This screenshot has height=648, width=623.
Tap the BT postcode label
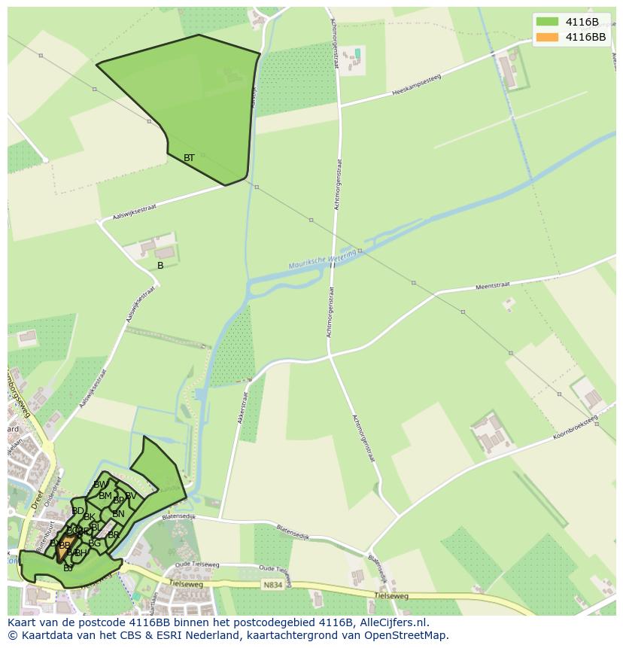coord(189,158)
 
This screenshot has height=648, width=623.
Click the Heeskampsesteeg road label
coord(416,85)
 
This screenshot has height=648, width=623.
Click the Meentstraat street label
coord(493,286)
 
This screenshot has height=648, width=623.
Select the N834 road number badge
coord(272,584)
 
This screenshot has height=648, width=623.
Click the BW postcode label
coord(100,485)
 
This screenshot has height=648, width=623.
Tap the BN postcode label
coord(118,514)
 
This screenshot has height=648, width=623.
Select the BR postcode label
coord(114,535)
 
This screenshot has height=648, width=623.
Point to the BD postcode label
coord(77,511)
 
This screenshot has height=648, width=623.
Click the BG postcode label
coord(94,543)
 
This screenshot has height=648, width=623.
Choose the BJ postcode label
coord(68,567)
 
